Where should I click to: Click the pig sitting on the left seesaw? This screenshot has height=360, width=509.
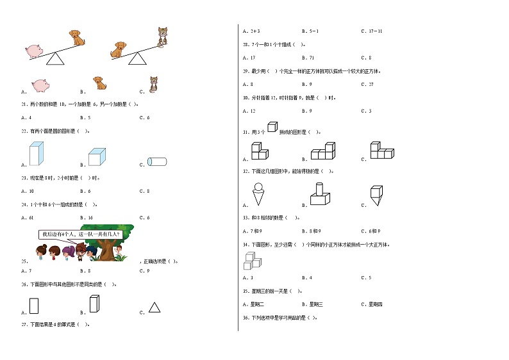34,51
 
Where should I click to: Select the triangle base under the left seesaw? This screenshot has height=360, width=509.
56,60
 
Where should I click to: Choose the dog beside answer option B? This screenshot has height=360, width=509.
99,83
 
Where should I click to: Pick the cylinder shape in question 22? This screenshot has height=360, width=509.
158,161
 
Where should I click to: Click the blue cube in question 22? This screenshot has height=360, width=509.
97,158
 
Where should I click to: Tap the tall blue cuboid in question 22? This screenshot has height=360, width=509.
36,154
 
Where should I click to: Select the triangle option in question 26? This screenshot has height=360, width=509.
154,307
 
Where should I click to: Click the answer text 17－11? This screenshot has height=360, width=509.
376,31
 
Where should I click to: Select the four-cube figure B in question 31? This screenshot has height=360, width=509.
323,152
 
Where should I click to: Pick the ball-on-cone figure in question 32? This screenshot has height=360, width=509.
260,193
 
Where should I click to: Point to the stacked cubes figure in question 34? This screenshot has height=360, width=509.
253,260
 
